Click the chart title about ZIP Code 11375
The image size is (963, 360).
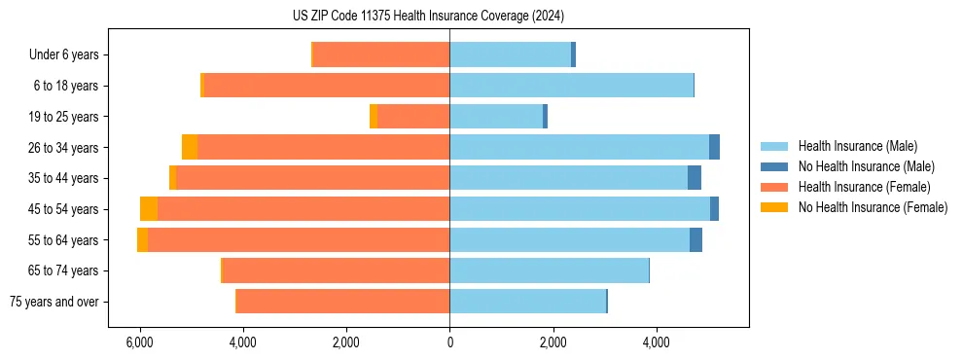428,16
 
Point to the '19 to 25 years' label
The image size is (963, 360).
64,117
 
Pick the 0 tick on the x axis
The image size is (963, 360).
449,342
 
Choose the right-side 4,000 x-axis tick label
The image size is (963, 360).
656,342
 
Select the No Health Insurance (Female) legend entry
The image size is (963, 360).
873,207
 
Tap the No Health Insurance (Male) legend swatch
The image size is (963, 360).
774,167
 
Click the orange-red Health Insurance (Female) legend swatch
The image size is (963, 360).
774,187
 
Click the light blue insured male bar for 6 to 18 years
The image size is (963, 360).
571,86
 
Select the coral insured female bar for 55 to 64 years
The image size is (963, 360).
299,240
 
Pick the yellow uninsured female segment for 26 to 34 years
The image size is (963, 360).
190,148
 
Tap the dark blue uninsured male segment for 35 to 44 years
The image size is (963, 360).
695,178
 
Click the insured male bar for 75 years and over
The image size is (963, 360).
527,302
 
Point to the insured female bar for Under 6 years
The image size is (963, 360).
381,55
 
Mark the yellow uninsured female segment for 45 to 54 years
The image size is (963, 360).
149,209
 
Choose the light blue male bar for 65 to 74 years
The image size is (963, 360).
549,270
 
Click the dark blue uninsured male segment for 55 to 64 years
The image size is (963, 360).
695,240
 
